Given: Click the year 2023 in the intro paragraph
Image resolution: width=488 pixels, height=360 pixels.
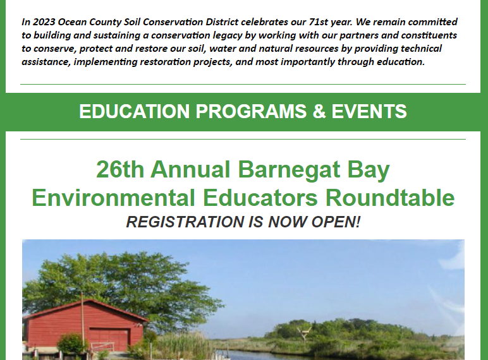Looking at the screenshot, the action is click(44, 22).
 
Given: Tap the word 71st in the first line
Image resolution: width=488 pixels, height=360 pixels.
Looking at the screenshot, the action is click(318, 22).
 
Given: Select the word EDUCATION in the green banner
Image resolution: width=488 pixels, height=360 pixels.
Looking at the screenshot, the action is click(134, 111).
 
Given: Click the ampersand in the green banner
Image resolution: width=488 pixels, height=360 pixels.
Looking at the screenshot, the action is click(319, 111).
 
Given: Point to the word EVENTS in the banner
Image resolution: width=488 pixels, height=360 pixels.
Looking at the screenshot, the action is click(369, 111).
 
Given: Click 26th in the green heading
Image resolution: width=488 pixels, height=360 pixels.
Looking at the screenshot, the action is click(120, 169).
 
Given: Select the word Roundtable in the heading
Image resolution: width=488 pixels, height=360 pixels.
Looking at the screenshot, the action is click(390, 198).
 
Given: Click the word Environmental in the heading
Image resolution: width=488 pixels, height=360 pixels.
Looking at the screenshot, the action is click(114, 198).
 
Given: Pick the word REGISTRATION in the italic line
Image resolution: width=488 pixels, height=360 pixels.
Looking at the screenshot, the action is click(185, 222).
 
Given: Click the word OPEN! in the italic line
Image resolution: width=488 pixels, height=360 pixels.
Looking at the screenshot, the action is click(336, 222).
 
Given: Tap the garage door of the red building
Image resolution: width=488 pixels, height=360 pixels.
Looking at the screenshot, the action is click(109, 340).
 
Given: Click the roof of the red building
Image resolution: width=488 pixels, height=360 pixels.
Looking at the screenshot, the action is click(86, 309).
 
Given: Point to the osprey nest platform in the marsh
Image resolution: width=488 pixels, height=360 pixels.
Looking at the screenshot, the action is click(304, 333).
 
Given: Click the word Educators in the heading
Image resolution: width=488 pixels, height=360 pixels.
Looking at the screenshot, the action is click(260, 198).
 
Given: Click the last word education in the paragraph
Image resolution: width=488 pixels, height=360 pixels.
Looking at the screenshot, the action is click(401, 62).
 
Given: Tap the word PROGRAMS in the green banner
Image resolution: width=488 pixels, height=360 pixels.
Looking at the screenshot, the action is click(251, 111).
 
